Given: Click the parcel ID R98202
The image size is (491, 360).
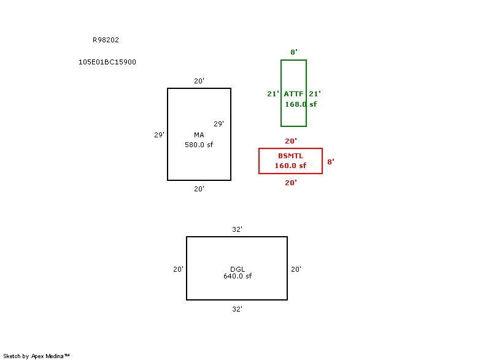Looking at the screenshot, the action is point(106,40).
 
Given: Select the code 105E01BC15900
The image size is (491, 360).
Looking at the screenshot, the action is point(107,62).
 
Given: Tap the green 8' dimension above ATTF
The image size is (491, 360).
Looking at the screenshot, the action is point(294,52).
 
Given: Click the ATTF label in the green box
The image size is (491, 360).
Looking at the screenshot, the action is point(294,94).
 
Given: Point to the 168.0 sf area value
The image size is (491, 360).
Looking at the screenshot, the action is point(301,104).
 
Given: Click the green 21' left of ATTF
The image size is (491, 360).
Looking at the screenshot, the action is point(273,94).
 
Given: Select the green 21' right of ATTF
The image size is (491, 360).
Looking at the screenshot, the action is point(315,94).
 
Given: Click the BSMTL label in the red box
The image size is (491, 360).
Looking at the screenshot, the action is point(290,156).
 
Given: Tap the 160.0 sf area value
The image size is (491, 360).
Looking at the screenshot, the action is point(290,166).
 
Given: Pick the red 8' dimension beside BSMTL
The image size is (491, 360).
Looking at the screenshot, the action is point(331,162).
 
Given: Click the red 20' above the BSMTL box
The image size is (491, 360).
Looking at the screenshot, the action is point(291,141).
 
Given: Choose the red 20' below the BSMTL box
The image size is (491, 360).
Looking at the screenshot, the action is point(291,183).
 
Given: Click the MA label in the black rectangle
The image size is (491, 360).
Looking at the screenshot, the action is point(199,135).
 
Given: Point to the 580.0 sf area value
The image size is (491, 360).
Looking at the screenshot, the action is point(199,145).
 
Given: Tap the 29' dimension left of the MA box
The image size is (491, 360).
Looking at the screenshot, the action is point(159,135).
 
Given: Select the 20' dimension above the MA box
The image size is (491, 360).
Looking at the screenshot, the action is point(199,81).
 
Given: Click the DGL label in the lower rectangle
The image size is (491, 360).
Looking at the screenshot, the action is point(238,269).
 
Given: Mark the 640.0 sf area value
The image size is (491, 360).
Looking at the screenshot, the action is point(238,276).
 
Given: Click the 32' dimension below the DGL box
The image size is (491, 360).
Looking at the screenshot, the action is point(237,309).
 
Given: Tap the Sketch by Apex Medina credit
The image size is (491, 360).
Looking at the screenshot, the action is point(36,356).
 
